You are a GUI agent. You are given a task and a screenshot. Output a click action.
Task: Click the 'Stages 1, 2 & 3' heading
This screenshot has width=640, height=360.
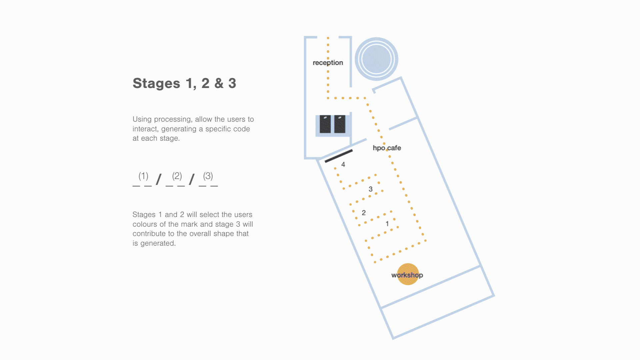tap(184, 83)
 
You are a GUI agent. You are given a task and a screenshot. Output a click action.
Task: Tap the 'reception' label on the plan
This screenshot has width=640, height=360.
tap(328, 63)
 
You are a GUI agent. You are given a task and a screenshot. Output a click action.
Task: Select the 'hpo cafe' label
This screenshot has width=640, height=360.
tap(387, 148)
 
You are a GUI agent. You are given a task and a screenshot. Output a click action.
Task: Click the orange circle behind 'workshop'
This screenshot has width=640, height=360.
tap(408, 274)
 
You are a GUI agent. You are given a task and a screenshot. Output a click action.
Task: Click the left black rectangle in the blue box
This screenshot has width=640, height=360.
tap(325, 124)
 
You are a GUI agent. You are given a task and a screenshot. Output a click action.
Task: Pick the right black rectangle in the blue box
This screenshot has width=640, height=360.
tap(340, 124)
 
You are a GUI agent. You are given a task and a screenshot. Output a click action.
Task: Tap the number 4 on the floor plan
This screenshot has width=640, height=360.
tap(343, 164)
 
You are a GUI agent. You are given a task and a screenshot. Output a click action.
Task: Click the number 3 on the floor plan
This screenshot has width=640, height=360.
tap(370, 189)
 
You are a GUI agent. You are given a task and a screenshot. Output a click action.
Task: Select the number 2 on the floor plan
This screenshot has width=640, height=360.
tap(364, 213)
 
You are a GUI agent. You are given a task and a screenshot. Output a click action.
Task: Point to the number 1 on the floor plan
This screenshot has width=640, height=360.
tap(387, 224)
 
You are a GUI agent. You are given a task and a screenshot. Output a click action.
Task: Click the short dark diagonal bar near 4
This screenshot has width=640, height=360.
tap(339, 156)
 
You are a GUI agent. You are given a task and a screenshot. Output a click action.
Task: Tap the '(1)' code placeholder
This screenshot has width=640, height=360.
tap(143, 176)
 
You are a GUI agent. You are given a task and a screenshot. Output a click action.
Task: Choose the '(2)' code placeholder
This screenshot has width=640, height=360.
tap(177, 176)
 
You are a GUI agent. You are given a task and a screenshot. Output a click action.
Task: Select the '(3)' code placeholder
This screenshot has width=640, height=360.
tap(208, 176)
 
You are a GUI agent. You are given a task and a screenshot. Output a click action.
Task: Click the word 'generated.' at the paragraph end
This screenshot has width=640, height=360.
tap(158, 243)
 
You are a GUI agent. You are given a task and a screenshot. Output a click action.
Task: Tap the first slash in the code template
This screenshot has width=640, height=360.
tap(159, 179)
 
